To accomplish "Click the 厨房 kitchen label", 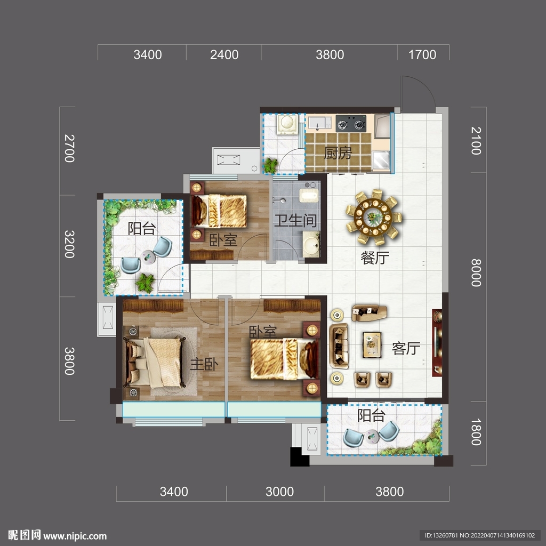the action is pos(338,153).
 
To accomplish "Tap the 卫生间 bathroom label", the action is pos(295,220).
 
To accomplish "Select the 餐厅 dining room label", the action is pos(375,258).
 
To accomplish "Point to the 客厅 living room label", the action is pos(406,348).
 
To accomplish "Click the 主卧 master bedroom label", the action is pos(204,364).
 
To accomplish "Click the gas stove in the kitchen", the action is pos(351,124).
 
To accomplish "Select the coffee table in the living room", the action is pos(372,345).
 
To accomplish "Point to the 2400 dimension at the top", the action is pos(224,55).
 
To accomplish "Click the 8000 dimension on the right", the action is pos(476,272).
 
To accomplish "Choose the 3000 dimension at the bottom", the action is pos(279,492).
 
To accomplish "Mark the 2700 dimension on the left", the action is pos(70,148).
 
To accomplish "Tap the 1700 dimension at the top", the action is pos(422,55).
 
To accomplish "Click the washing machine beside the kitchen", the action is pos(287,124).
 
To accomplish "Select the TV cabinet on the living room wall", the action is pos(437,343).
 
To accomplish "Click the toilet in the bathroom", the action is pos(309,195).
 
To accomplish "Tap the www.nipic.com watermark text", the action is pos(75,536).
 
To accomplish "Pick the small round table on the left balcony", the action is pos(148,256).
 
